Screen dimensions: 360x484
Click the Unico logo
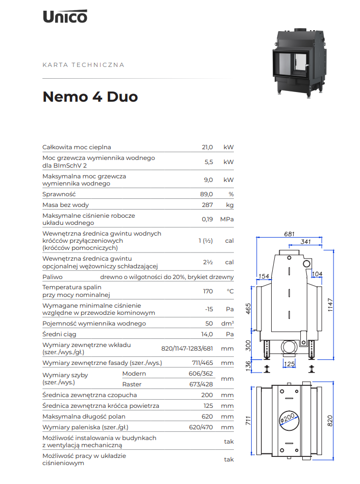pyautogui.click(x=65, y=16)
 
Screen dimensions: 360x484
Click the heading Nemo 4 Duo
pyautogui.click(x=90, y=97)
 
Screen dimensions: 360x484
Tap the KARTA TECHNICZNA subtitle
pyautogui.click(x=83, y=65)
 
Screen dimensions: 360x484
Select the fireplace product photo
pyautogui.click(x=298, y=63)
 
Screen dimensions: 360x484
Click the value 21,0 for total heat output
pyautogui.click(x=207, y=147)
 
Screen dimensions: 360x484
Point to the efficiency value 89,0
pyautogui.click(x=206, y=194)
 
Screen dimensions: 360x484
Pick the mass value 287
pyautogui.click(x=207, y=205)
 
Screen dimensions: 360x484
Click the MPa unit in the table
pyautogui.click(x=227, y=219)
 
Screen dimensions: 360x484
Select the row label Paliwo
pyautogui.click(x=53, y=277)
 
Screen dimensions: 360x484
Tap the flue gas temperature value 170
pyautogui.click(x=208, y=291)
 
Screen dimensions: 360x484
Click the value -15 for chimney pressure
pyautogui.click(x=209, y=309)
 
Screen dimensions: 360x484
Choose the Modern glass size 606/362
pyautogui.click(x=201, y=374)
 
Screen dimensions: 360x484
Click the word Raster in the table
pyautogui.click(x=132, y=384)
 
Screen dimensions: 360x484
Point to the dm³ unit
pyautogui.click(x=227, y=323)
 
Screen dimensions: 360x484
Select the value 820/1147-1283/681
pyautogui.click(x=187, y=349)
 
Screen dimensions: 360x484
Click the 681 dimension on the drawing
pyautogui.click(x=290, y=234)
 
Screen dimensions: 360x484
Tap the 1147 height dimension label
pyautogui.click(x=330, y=305)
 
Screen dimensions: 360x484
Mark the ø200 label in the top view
pyautogui.click(x=287, y=418)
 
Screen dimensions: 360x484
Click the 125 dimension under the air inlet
pyautogui.click(x=290, y=364)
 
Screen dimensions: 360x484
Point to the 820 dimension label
pyautogui.click(x=330, y=421)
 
